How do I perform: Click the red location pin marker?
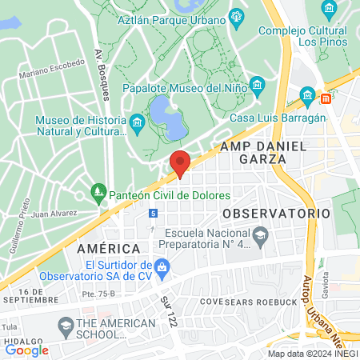[180, 162]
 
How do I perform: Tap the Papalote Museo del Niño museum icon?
[256, 85]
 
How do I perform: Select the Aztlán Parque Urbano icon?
[236, 16]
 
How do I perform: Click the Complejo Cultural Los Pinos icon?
[328, 10]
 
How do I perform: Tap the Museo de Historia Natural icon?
[137, 122]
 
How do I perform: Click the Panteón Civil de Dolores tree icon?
[98, 192]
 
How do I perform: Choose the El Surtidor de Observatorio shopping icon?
[162, 266]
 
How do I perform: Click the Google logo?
[26, 350]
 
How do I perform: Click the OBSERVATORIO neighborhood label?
[276, 214]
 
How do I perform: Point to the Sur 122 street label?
[168, 310]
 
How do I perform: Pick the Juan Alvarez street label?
[54, 214]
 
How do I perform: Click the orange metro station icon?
[326, 99]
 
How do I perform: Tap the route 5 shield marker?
[153, 212]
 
